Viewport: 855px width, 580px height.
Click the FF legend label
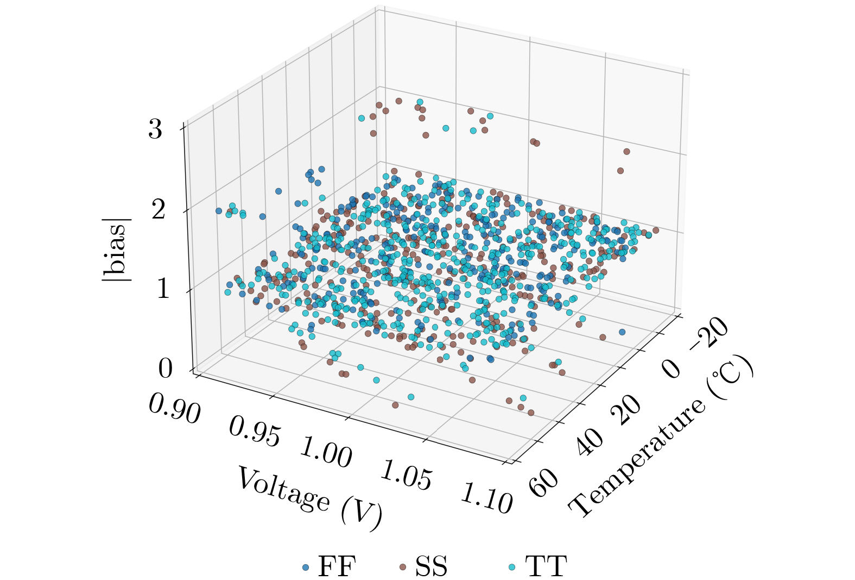point(337,566)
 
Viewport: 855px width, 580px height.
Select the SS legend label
point(432,566)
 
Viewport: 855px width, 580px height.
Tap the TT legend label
point(546,566)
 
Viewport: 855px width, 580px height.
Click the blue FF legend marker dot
point(306,567)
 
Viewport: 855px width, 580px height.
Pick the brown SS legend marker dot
point(402,567)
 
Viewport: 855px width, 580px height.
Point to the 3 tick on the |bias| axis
point(155,129)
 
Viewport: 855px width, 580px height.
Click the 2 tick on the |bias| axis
point(158,209)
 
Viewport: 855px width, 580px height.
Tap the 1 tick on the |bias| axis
point(163,289)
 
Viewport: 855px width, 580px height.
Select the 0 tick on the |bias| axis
point(165,369)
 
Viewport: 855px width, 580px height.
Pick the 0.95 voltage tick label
point(255,432)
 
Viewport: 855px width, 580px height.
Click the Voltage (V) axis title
point(309,498)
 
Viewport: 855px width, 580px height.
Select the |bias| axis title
point(116,250)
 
